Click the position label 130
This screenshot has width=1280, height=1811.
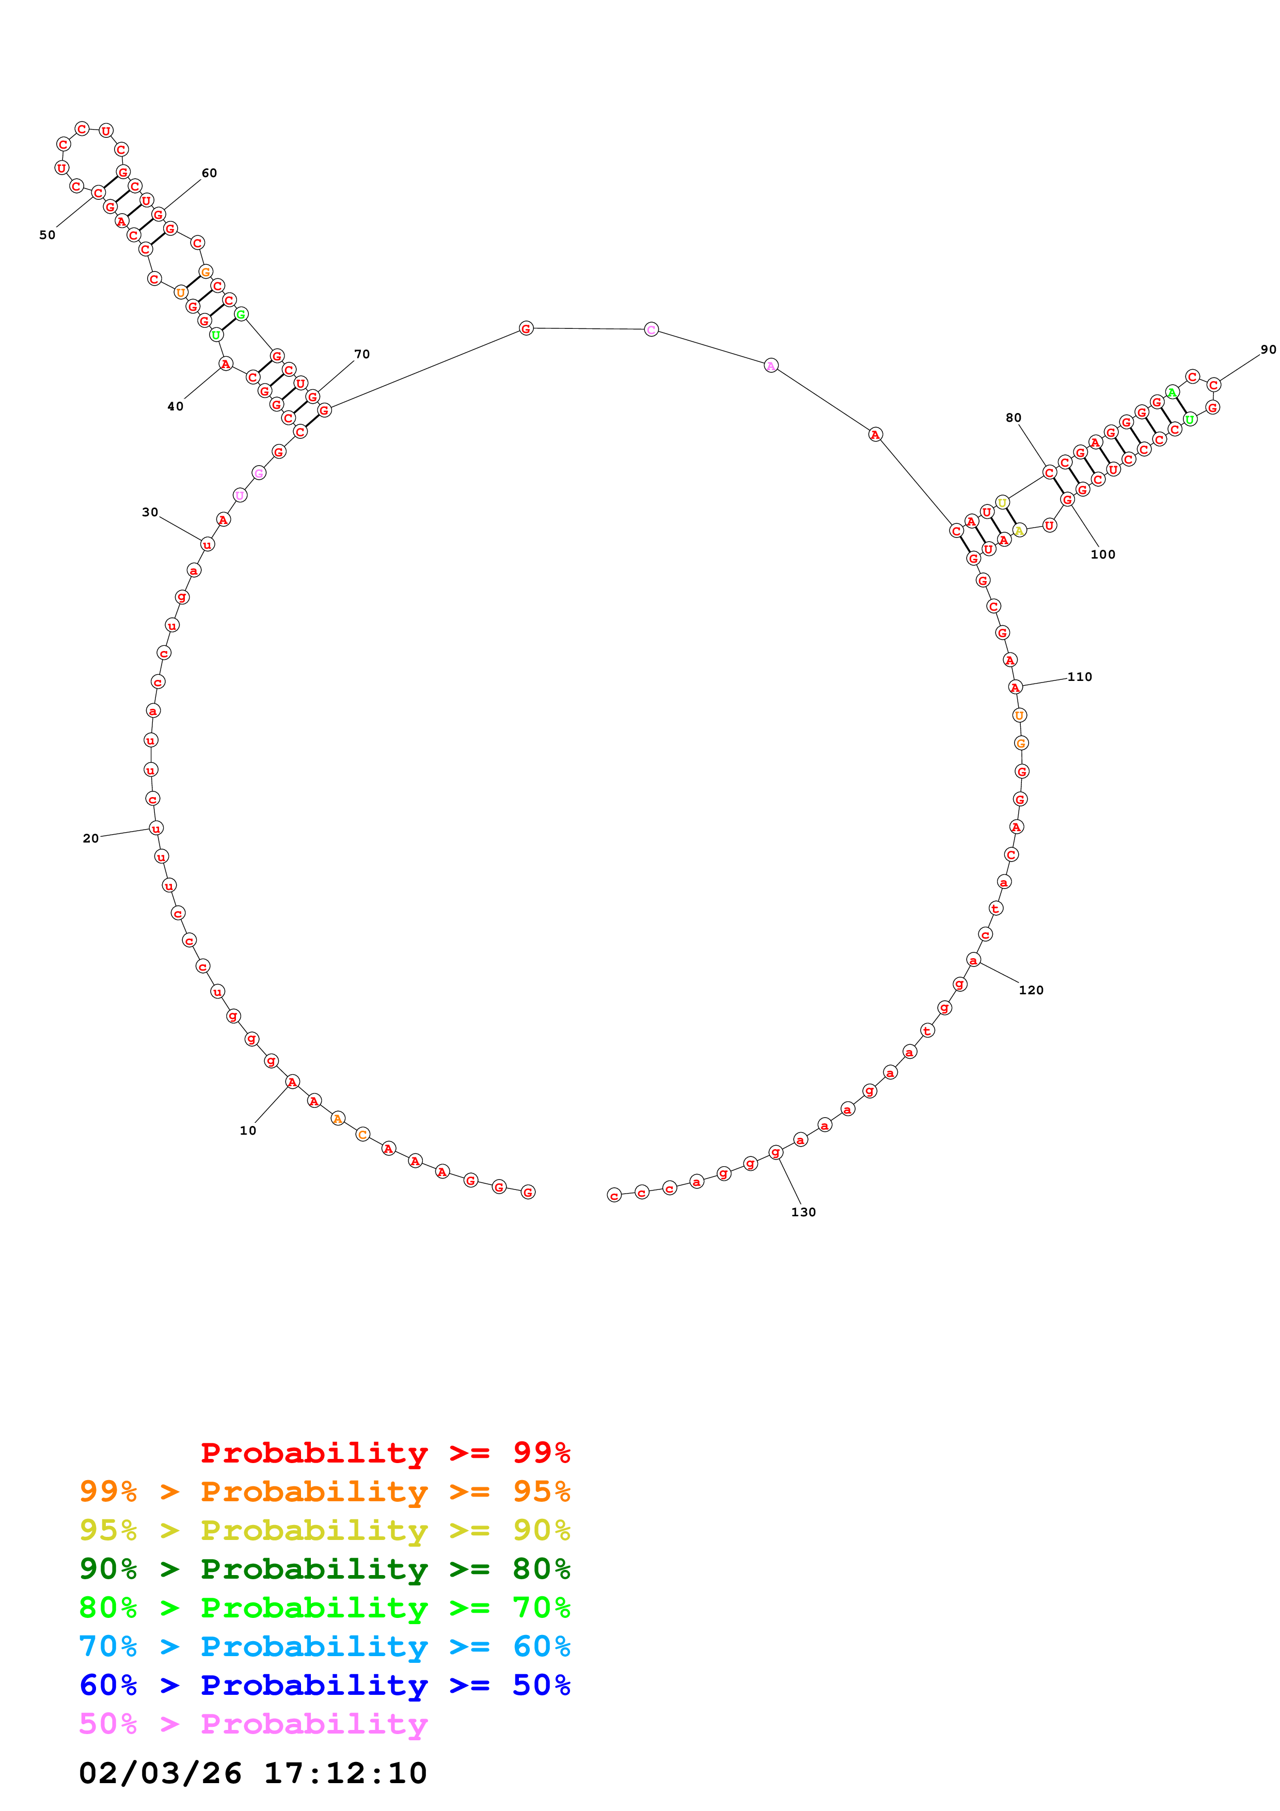(x=803, y=1212)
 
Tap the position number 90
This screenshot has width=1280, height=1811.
(x=1268, y=350)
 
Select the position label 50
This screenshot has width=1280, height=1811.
(x=48, y=235)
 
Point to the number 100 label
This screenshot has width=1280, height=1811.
(x=1102, y=554)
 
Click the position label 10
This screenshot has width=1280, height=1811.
(x=248, y=1130)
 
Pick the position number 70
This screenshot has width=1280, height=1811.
(x=362, y=354)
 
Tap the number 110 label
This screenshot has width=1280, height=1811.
(x=1080, y=677)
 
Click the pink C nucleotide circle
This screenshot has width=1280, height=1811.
(x=651, y=330)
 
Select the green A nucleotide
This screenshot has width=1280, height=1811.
(x=1172, y=392)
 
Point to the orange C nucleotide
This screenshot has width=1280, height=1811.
(x=362, y=1134)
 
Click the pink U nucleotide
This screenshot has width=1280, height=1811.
(x=240, y=496)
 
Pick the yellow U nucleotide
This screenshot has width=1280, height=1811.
(x=1002, y=502)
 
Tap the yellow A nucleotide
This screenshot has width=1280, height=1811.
(x=1019, y=530)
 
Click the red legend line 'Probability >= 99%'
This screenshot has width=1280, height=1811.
(x=385, y=1453)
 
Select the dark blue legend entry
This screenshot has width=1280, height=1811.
(x=324, y=1686)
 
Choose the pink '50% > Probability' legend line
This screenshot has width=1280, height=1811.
(x=253, y=1724)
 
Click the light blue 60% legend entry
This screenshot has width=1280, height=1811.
(x=324, y=1647)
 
